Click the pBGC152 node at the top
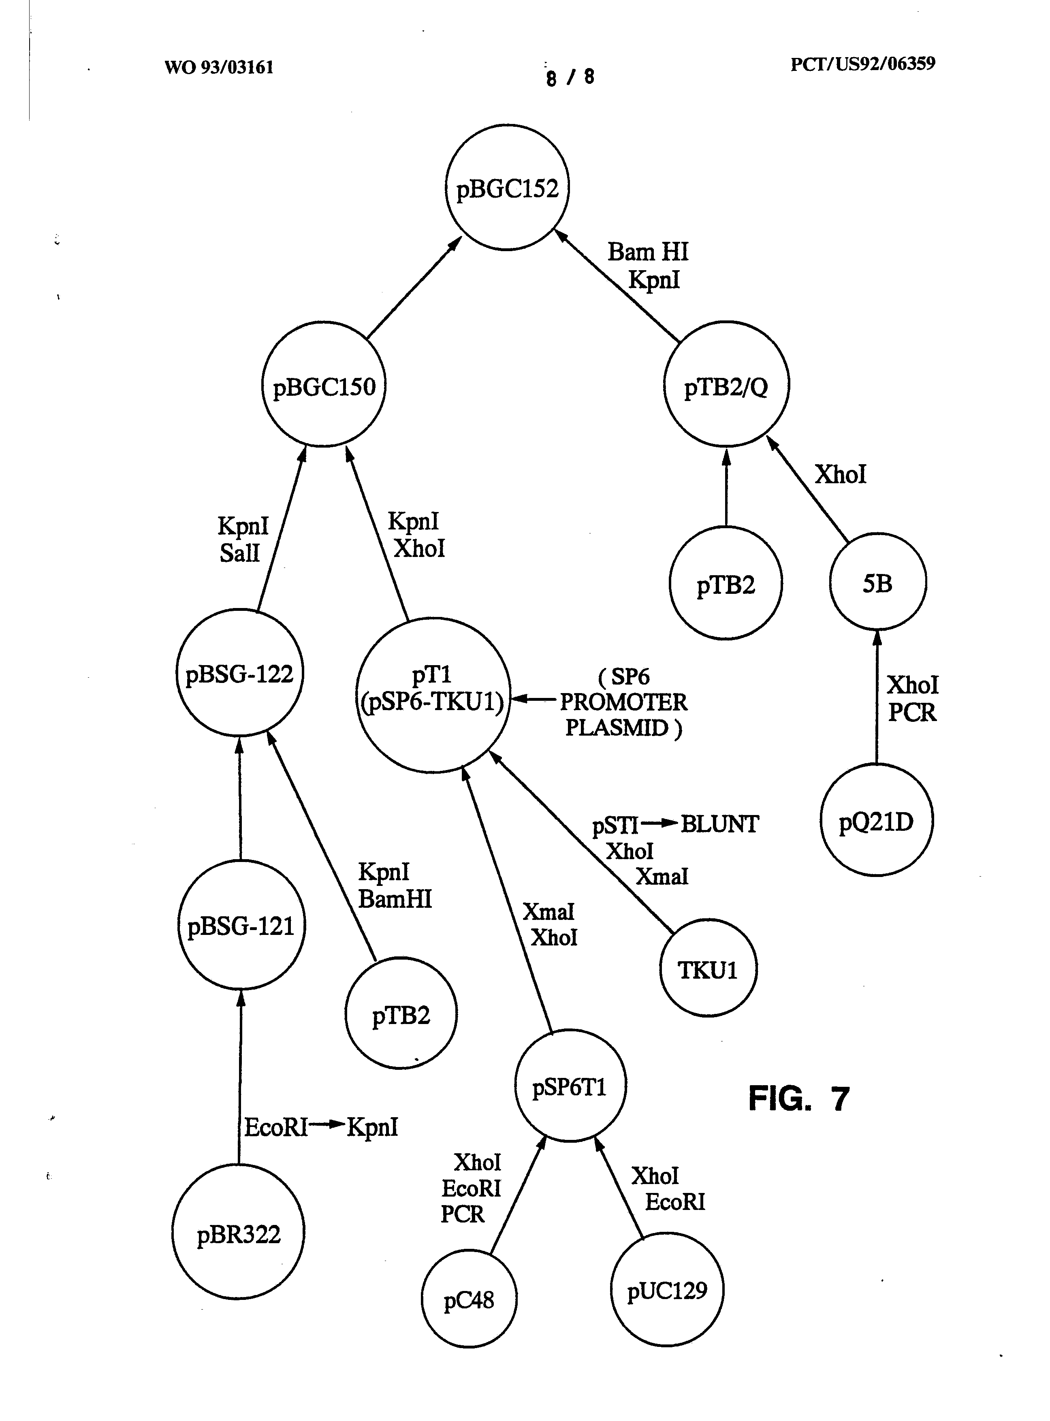[507, 188]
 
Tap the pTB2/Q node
[726, 385]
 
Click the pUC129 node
[667, 1289]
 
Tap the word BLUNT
[719, 824]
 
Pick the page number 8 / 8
[570, 77]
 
